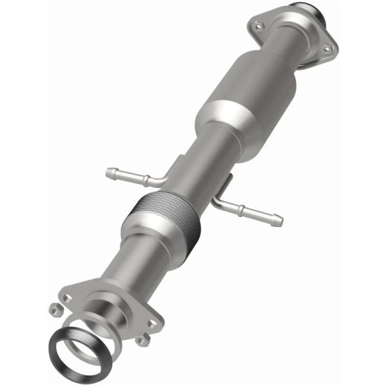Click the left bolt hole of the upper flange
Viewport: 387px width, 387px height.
[x=259, y=25]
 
